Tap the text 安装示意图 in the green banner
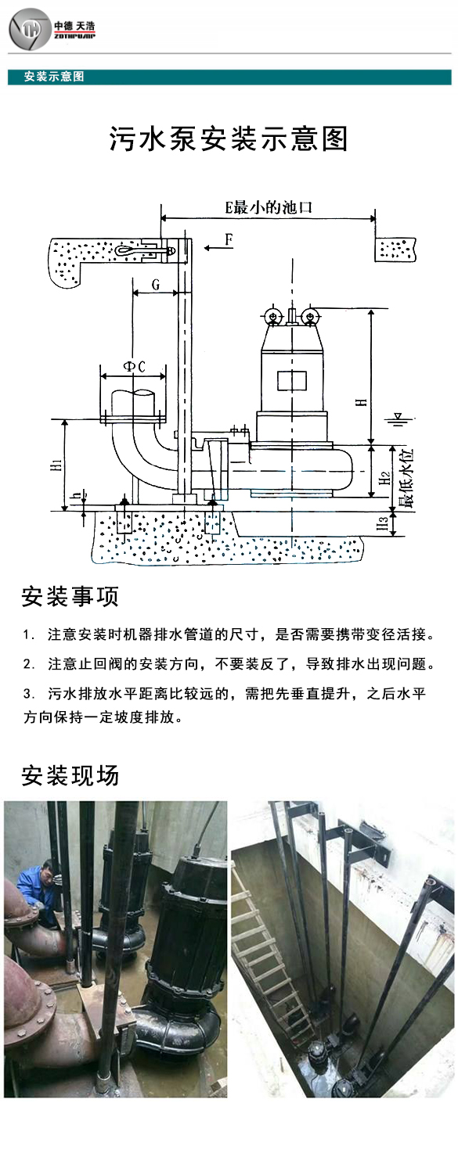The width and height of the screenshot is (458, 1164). click(x=54, y=77)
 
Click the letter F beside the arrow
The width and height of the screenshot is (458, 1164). click(x=229, y=240)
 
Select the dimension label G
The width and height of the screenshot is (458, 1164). click(x=156, y=286)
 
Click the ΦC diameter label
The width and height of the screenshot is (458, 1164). click(x=133, y=368)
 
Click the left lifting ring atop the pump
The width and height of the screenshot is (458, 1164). click(x=273, y=317)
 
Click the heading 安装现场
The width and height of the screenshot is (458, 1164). click(x=70, y=775)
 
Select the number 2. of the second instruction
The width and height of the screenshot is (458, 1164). click(x=29, y=664)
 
